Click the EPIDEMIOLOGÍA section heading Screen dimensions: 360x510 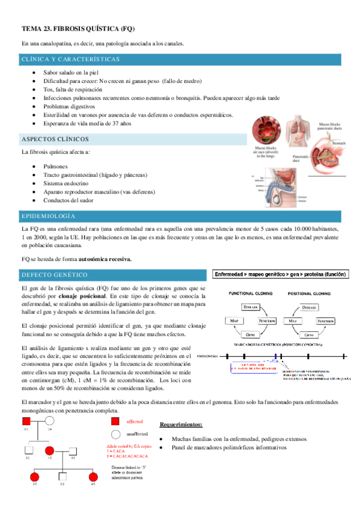tap(48, 215)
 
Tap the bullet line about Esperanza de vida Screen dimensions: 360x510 tap(87, 123)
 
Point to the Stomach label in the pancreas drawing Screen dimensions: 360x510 tap(340, 144)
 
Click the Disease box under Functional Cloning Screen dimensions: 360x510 tap(251, 307)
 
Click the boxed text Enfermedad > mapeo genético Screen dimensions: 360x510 tap(280, 274)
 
